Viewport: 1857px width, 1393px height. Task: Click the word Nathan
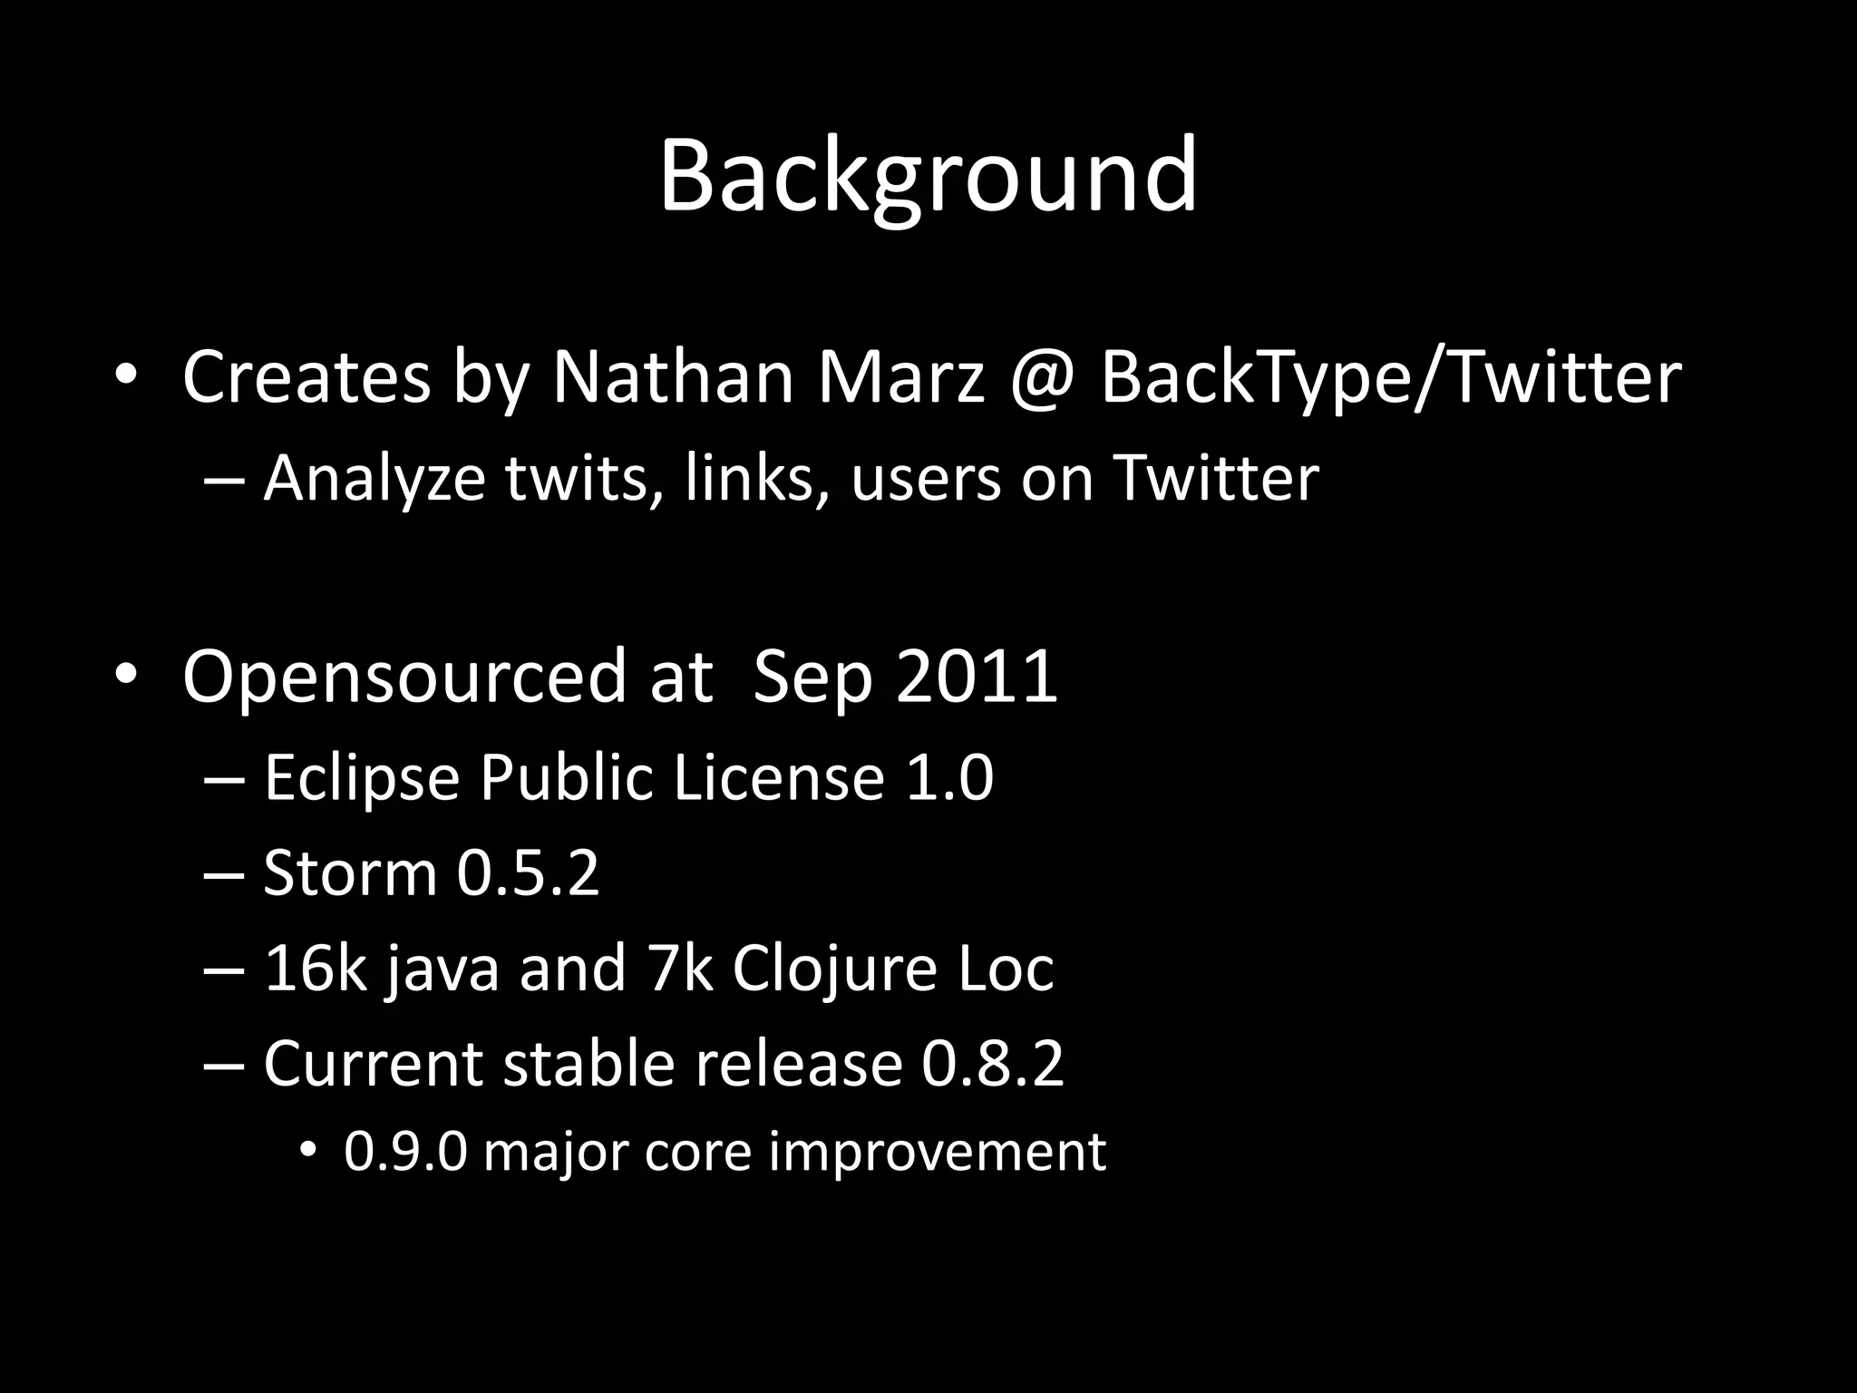(x=673, y=376)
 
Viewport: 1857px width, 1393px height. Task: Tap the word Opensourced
(x=403, y=677)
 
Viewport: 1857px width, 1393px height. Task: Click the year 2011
(x=977, y=675)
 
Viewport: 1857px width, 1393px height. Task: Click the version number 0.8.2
(x=993, y=1063)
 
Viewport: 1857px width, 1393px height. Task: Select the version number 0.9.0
(x=405, y=1152)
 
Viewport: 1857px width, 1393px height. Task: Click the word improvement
(x=937, y=1152)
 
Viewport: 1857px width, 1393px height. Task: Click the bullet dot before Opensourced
(x=125, y=675)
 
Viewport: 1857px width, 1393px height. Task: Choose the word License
(x=778, y=777)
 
